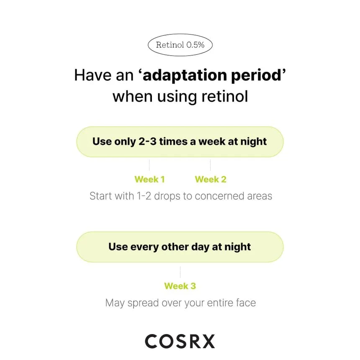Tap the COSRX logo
(180, 341)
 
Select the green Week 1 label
(149, 179)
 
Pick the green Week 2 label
(211, 179)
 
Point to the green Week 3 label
(180, 286)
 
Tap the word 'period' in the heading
(256, 75)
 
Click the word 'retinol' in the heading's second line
(225, 96)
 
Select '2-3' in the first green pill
(147, 141)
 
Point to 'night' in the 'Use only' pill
(254, 142)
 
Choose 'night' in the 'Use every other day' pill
(238, 247)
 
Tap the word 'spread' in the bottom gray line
(143, 303)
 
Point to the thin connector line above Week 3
(180, 272)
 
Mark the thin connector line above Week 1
(149, 165)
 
